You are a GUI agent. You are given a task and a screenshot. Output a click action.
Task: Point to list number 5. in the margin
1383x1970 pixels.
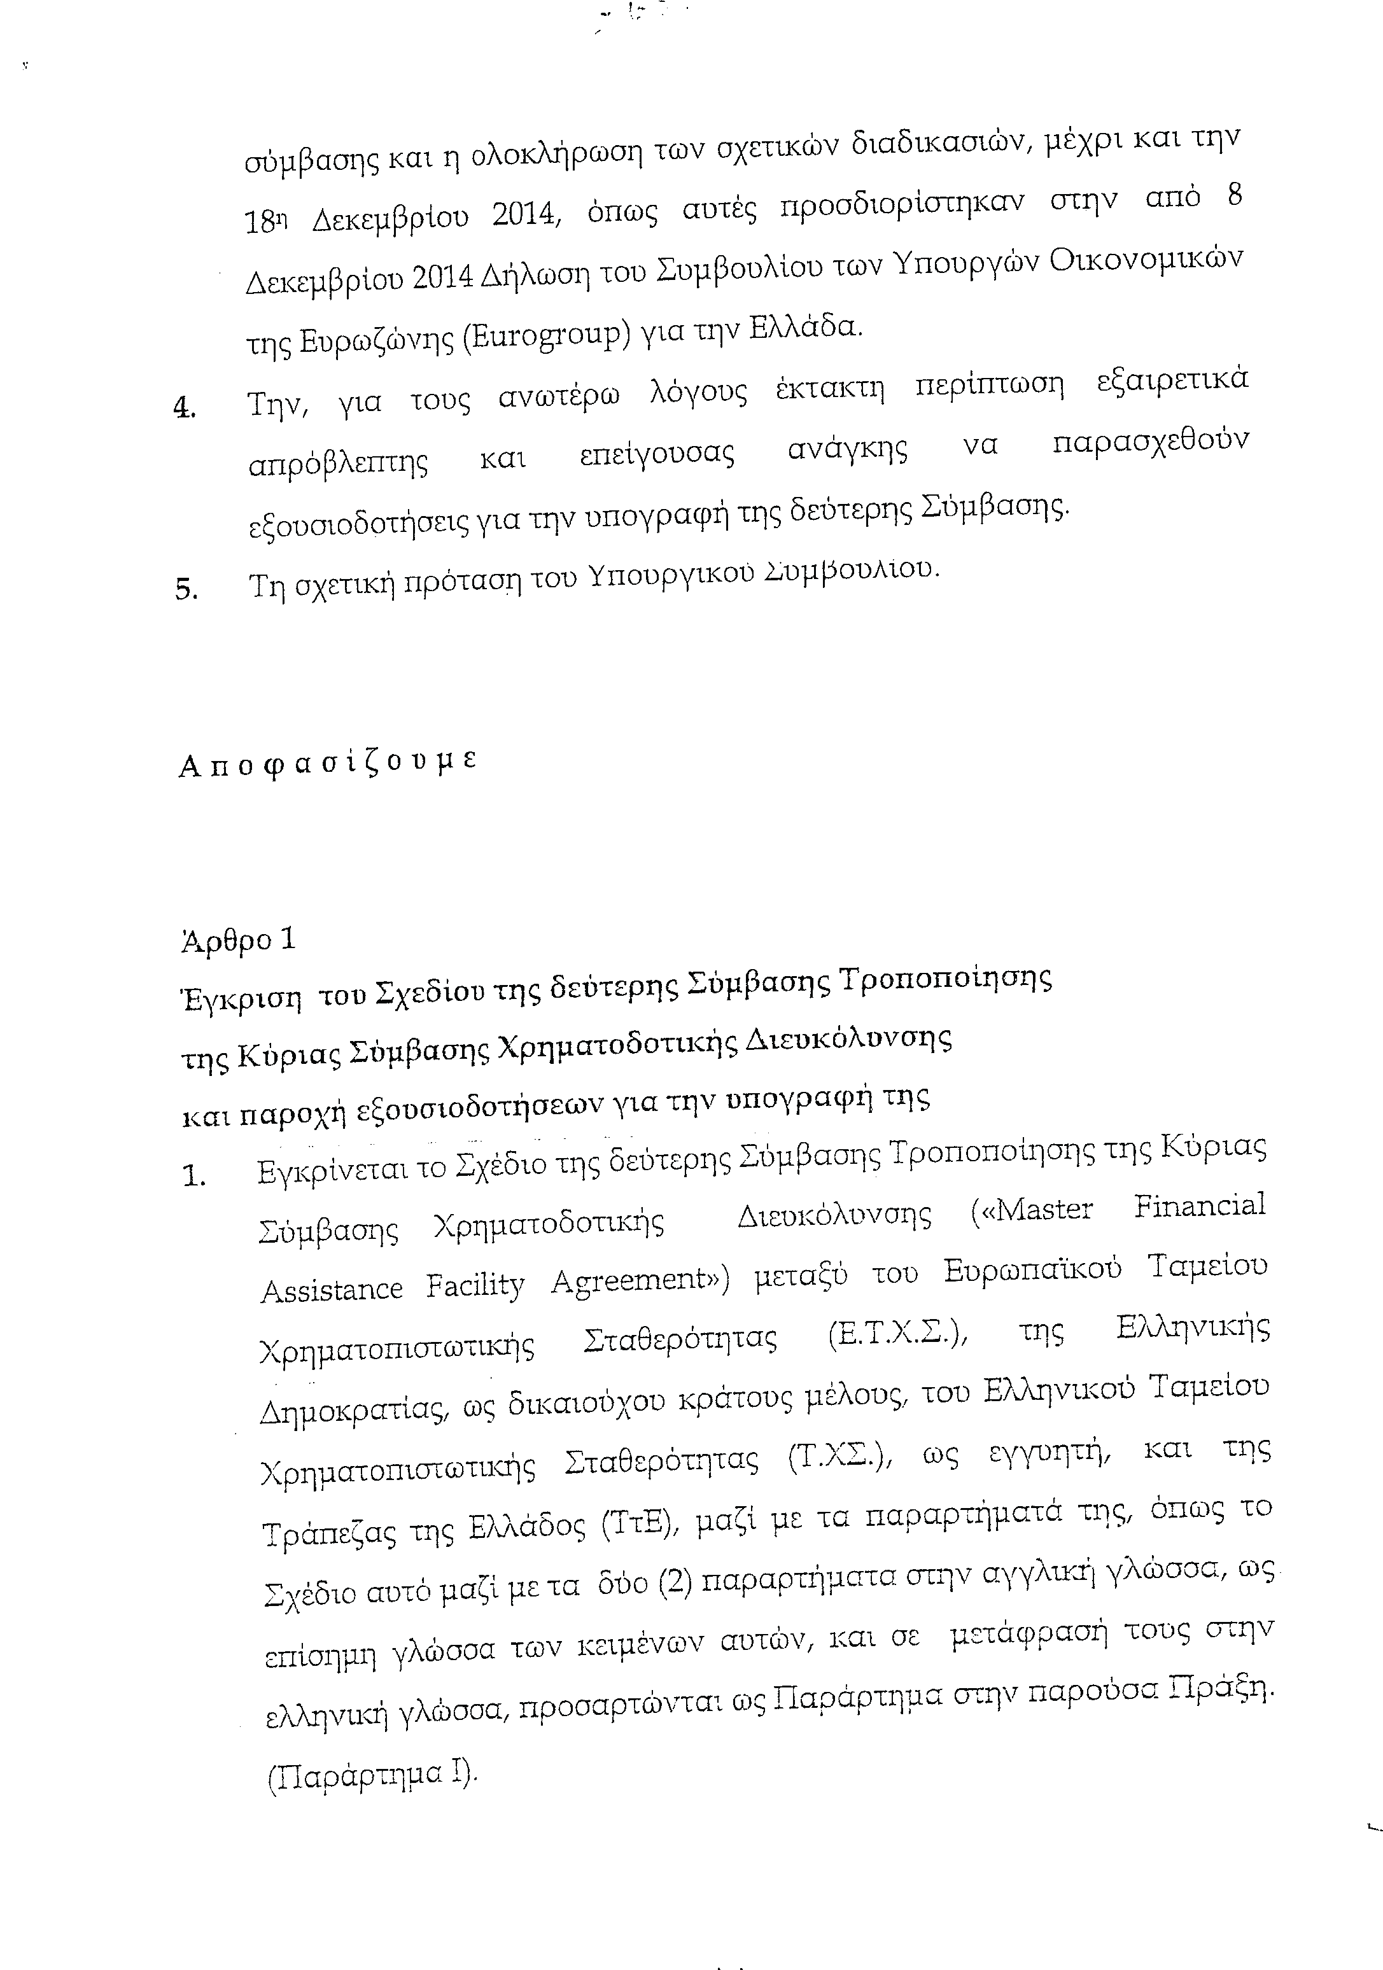click(186, 589)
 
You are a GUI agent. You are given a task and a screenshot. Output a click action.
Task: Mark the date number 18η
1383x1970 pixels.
click(266, 222)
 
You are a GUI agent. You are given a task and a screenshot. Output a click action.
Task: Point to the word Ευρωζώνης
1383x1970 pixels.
click(376, 342)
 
